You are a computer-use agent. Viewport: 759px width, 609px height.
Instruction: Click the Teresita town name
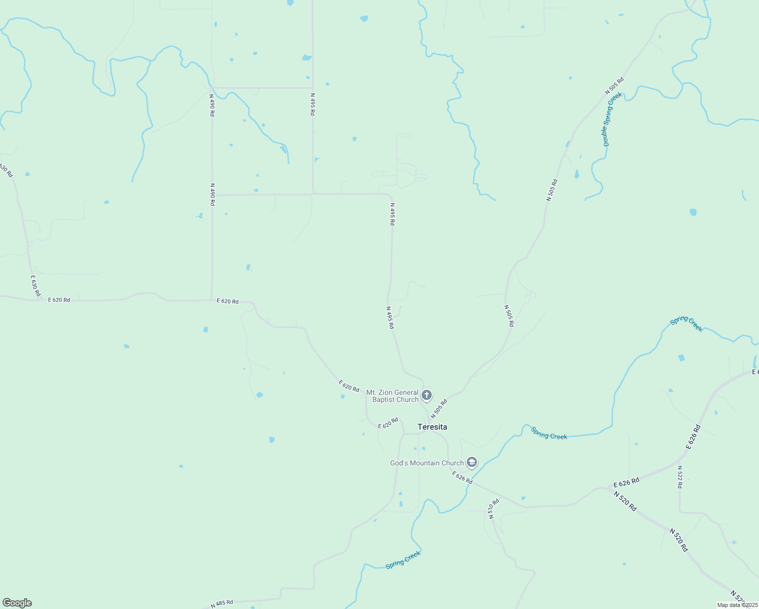(432, 427)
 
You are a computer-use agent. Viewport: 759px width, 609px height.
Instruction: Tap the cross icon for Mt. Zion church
(427, 395)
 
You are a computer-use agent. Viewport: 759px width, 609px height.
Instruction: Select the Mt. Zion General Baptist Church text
(393, 396)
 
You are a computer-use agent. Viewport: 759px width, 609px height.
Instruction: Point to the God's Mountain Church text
(427, 463)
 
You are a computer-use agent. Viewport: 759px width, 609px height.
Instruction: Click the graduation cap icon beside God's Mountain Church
(472, 462)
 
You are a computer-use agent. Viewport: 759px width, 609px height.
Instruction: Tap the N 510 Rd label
(494, 509)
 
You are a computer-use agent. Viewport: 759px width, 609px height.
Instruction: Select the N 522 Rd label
(680, 477)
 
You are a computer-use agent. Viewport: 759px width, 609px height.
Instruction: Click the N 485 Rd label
(222, 604)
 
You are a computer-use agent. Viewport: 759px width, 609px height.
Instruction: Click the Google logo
(17, 603)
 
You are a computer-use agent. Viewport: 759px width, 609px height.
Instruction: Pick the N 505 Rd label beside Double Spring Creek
(614, 85)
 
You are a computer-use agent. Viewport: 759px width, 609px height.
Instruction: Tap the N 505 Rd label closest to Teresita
(439, 409)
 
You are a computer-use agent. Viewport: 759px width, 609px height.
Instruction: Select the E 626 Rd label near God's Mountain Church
(462, 478)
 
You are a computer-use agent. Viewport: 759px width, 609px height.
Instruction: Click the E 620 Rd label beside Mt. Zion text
(349, 386)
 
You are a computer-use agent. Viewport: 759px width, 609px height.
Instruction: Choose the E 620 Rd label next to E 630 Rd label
(59, 300)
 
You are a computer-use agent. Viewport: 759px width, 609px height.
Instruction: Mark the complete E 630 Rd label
(35, 286)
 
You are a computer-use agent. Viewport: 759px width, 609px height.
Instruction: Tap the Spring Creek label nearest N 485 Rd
(403, 560)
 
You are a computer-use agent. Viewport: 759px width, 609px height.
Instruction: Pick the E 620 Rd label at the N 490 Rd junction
(227, 301)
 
